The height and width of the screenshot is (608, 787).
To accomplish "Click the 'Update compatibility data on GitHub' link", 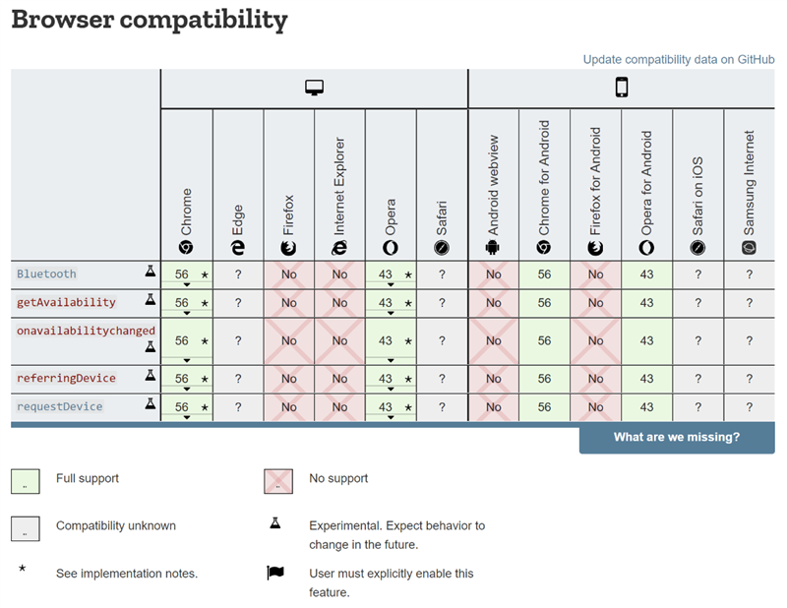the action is pyautogui.click(x=679, y=60).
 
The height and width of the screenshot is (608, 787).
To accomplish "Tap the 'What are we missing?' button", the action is pyautogui.click(x=677, y=437).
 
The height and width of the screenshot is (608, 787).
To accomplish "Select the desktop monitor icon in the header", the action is pyautogui.click(x=314, y=88).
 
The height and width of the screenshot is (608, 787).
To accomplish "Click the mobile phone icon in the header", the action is pyautogui.click(x=622, y=88).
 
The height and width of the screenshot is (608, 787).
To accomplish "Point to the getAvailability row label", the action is pyautogui.click(x=66, y=302).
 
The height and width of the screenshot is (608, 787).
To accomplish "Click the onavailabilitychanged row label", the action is pyautogui.click(x=86, y=331).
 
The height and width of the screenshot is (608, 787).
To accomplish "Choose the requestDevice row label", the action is pyautogui.click(x=60, y=406).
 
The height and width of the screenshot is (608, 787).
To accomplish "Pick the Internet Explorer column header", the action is pyautogui.click(x=339, y=196).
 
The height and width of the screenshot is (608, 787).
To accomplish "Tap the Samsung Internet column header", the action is pyautogui.click(x=749, y=192).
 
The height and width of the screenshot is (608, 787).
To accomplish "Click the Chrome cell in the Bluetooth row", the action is pyautogui.click(x=187, y=274).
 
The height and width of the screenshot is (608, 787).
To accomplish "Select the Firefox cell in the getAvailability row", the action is pyautogui.click(x=289, y=303).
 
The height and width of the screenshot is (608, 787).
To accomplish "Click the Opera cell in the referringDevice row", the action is pyautogui.click(x=391, y=379).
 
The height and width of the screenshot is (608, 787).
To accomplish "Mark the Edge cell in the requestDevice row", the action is pyautogui.click(x=238, y=407).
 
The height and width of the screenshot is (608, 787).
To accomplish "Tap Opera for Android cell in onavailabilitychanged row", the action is pyautogui.click(x=646, y=341).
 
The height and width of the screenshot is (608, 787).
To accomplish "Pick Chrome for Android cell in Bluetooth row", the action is pyautogui.click(x=545, y=274).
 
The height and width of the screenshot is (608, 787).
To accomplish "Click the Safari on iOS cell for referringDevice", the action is pyautogui.click(x=697, y=379).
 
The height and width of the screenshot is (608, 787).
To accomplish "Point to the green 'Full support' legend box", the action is pyautogui.click(x=26, y=481).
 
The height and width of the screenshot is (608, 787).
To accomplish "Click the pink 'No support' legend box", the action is pyautogui.click(x=278, y=481).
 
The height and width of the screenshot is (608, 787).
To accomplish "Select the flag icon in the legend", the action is pyautogui.click(x=275, y=573).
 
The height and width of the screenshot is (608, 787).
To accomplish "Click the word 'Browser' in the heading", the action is pyautogui.click(x=63, y=19).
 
